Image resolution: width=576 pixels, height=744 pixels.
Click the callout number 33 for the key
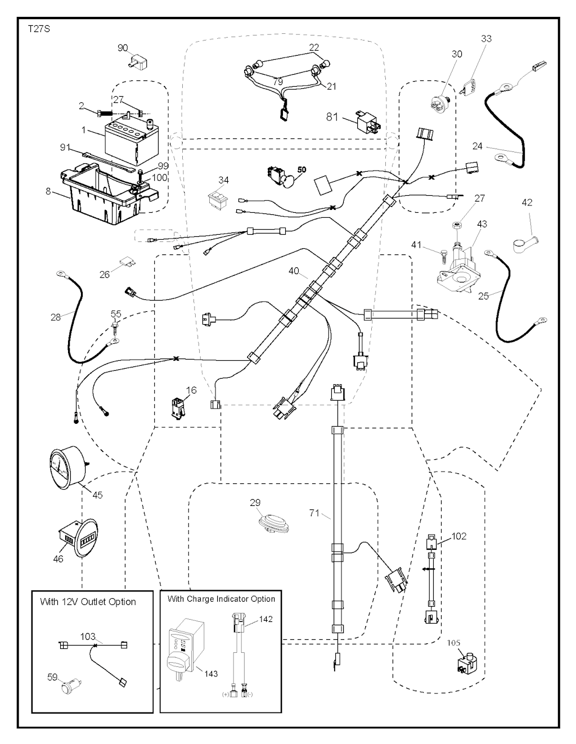click(x=486, y=39)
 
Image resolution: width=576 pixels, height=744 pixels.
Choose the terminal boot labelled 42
click(x=524, y=241)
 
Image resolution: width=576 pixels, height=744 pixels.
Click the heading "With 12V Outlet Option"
click(x=88, y=602)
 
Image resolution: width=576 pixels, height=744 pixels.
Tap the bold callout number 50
click(x=301, y=169)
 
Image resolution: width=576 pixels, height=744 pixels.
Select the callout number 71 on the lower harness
click(x=316, y=513)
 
